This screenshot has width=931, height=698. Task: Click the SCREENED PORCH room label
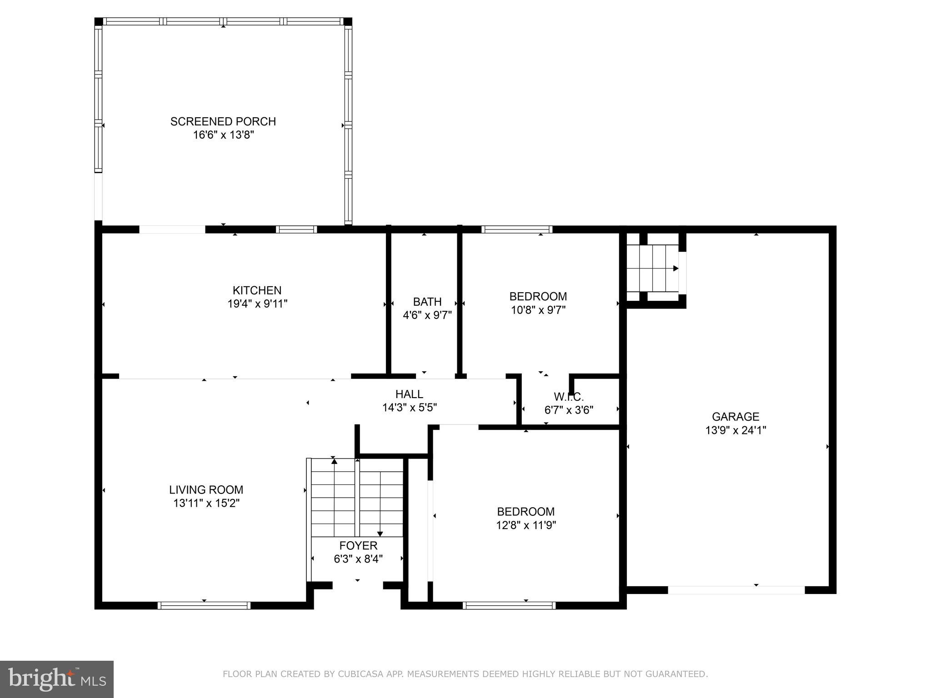(223, 121)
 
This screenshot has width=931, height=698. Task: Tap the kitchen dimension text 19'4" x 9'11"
(257, 304)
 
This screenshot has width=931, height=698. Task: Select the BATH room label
(427, 302)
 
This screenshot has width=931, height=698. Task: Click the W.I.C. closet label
(568, 397)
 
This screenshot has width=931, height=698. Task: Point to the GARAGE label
(735, 417)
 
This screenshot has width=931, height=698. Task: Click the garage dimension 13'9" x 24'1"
(735, 430)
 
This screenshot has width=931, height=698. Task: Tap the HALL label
(409, 394)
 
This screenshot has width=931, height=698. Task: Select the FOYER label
(358, 546)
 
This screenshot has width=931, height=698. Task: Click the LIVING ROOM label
(206, 490)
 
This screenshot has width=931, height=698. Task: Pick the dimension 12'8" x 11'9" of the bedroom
(526, 525)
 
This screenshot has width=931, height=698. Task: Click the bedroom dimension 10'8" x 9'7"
(538, 310)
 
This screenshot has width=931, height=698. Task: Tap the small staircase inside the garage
(652, 268)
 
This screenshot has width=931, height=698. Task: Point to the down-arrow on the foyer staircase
(380, 533)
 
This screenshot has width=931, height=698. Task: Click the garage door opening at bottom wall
(736, 590)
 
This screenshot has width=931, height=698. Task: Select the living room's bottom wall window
(204, 605)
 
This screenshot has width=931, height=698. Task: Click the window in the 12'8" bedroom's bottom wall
(509, 605)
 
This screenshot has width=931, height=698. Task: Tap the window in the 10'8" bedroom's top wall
(517, 229)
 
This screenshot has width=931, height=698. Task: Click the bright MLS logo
(57, 679)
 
